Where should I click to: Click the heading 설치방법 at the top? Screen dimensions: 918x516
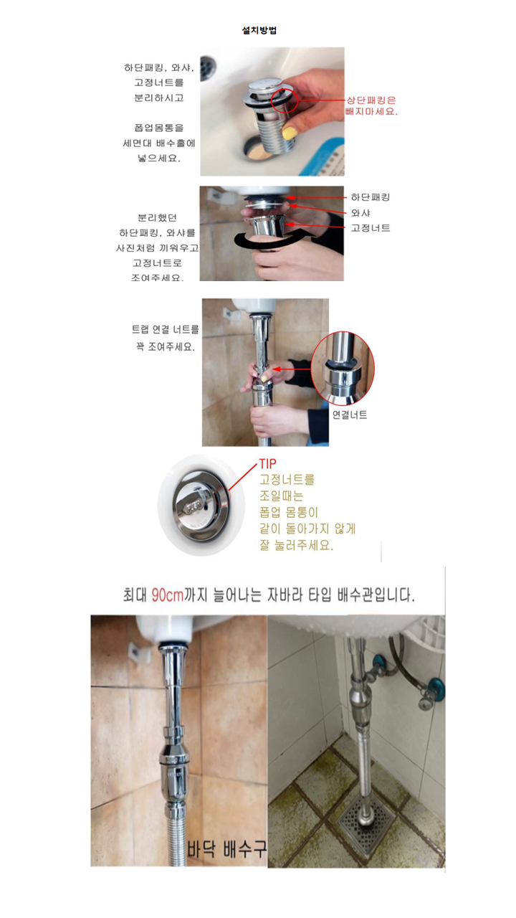click(259, 31)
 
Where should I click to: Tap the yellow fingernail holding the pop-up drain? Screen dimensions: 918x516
click(289, 133)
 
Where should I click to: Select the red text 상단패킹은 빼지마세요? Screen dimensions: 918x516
click(371, 106)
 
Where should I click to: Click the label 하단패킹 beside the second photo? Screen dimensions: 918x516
click(371, 197)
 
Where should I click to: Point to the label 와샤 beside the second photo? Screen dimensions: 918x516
click(360, 213)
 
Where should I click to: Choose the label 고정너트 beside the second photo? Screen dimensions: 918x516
click(371, 228)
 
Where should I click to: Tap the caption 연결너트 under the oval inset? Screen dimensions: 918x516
click(350, 415)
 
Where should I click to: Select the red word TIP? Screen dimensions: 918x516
click(267, 464)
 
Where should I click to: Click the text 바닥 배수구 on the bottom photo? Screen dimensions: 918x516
click(227, 851)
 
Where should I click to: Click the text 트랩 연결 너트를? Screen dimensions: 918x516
click(166, 330)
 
